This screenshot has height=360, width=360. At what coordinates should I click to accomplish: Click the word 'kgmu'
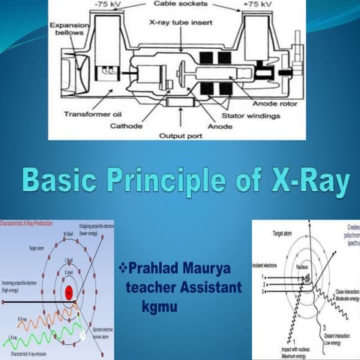(x=159, y=305)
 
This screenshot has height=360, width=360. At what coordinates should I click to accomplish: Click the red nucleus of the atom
(x=68, y=292)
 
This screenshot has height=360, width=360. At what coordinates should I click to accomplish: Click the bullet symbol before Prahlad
(x=124, y=268)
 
